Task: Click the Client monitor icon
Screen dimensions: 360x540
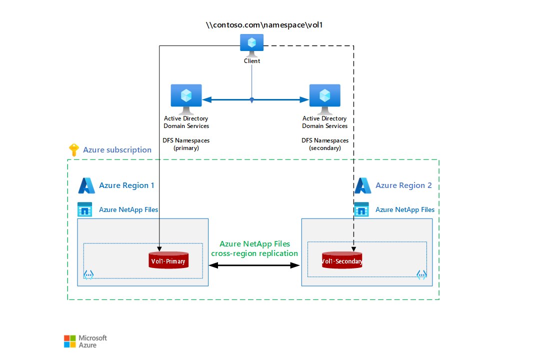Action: click(251, 44)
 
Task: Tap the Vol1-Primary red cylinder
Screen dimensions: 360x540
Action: click(168, 260)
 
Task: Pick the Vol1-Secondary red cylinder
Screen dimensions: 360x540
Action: click(342, 260)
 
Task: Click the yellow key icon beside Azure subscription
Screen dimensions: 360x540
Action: click(73, 150)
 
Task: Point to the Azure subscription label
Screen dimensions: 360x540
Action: click(117, 150)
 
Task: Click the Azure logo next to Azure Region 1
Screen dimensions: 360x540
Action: click(86, 185)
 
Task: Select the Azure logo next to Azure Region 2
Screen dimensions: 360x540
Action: click(363, 185)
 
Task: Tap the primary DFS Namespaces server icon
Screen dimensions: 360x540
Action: click(186, 98)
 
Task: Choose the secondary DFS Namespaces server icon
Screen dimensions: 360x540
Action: click(324, 98)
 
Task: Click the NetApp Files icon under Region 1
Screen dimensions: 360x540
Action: click(85, 209)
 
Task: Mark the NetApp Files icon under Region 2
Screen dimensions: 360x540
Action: click(361, 209)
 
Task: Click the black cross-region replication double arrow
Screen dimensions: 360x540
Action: click(254, 265)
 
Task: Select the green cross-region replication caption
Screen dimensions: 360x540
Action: click(254, 248)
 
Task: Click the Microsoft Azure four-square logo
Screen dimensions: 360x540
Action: click(70, 341)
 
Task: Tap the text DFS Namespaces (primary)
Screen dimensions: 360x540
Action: click(186, 144)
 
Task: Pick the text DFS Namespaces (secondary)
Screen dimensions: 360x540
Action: click(324, 144)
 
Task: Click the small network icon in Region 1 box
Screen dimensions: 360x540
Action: click(88, 274)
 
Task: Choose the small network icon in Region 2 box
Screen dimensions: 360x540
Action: click(421, 274)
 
